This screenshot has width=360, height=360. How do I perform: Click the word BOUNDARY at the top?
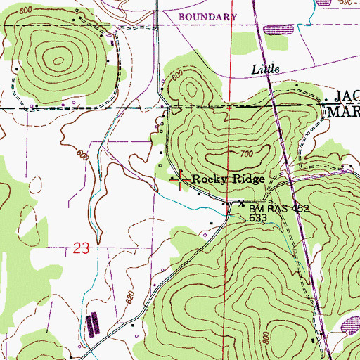pos(207,16)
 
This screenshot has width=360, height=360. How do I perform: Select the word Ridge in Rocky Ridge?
pos(249,180)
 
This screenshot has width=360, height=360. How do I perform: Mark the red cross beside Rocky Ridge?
pos(180,181)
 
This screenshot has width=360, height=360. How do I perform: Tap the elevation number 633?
pos(258,219)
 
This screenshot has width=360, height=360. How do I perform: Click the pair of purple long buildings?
pos(93,326)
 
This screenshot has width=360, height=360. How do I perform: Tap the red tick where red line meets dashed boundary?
pos(229,108)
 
